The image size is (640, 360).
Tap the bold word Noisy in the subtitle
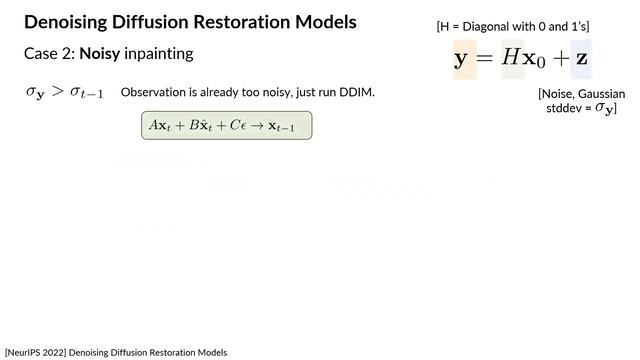(107, 52)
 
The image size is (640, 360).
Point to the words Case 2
(48, 52)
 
